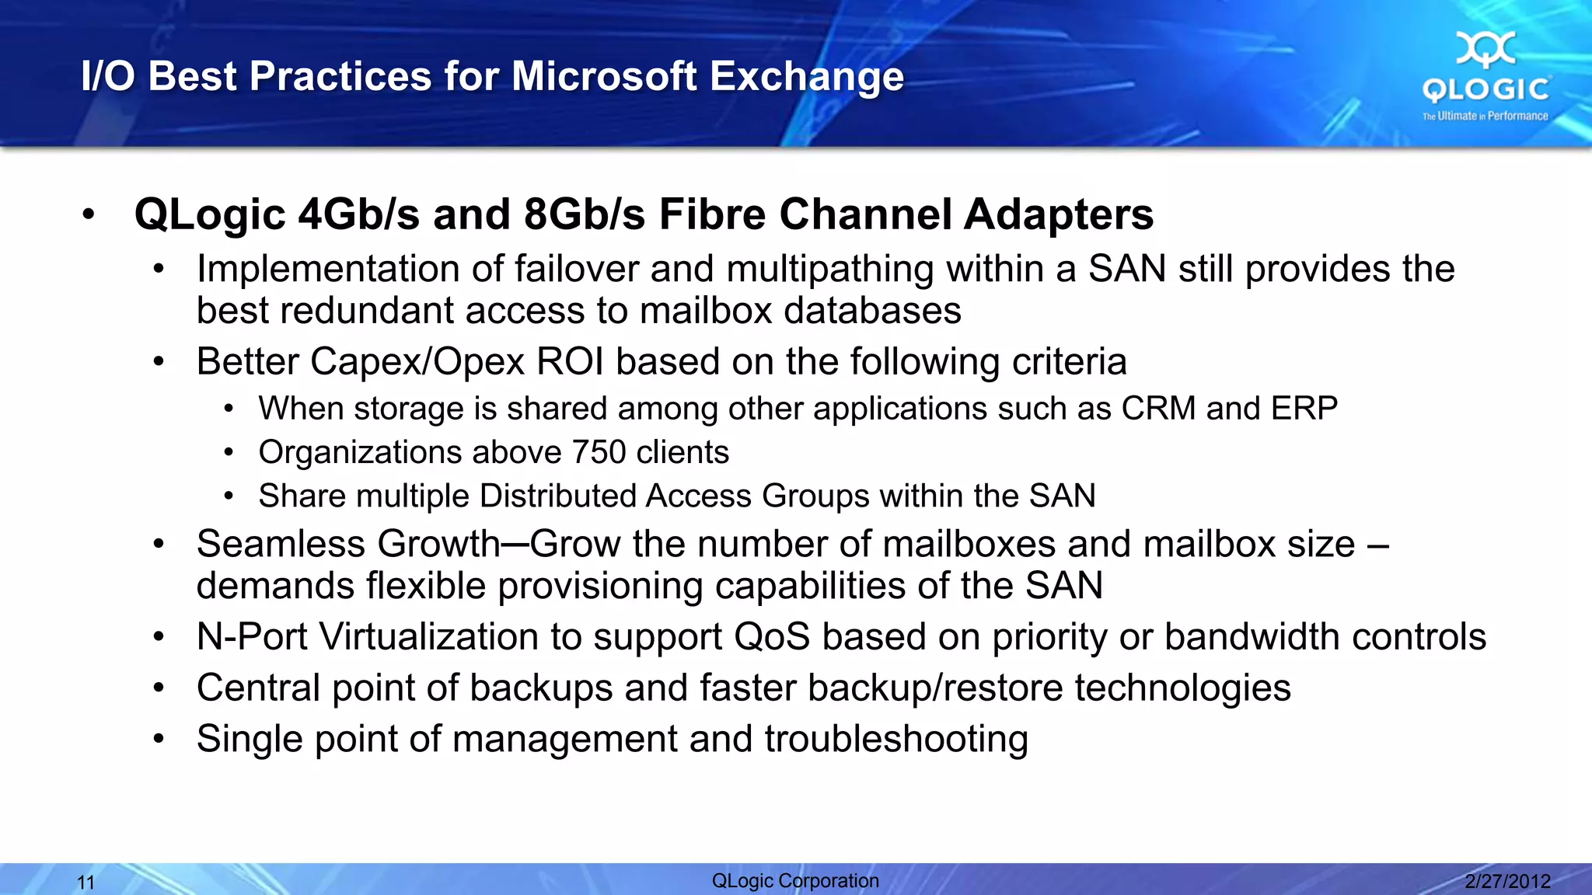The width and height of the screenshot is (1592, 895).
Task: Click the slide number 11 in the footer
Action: [x=86, y=883]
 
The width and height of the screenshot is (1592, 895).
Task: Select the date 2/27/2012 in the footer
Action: [x=1507, y=881]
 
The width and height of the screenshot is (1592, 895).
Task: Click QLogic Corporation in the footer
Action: [x=795, y=880]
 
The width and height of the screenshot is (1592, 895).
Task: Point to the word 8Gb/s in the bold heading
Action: [x=584, y=214]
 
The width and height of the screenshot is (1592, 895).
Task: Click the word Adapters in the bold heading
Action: [x=1059, y=214]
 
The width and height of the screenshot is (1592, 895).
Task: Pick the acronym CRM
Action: [x=1157, y=409]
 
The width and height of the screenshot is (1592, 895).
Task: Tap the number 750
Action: [x=599, y=452]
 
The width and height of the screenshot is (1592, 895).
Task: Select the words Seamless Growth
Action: [x=348, y=544]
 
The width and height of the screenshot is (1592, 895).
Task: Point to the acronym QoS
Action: [x=772, y=637]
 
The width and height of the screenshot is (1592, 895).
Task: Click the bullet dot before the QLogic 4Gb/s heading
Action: [x=89, y=215]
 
